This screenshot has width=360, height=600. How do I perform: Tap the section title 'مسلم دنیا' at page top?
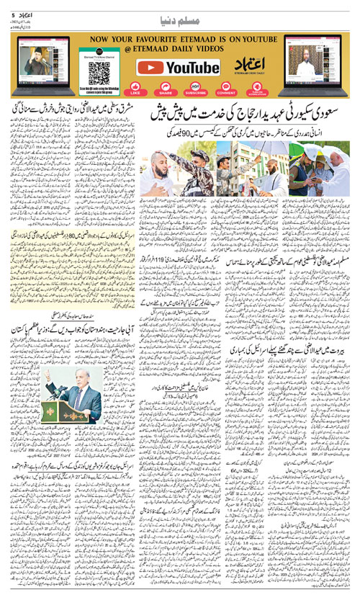[x=180, y=16]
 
